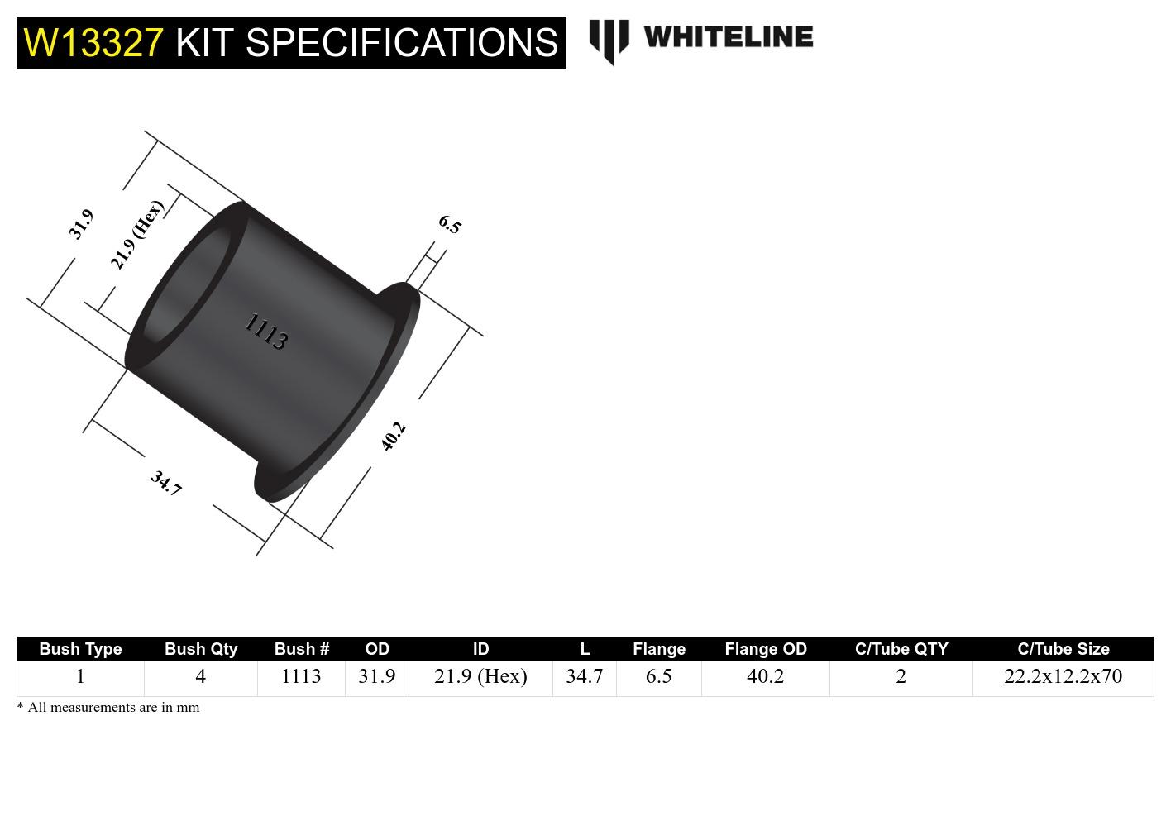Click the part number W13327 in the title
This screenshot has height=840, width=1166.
(x=93, y=42)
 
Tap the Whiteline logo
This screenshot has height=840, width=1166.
(x=700, y=39)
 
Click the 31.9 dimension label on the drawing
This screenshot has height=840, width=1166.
(x=81, y=224)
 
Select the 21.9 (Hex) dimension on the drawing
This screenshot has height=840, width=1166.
(x=136, y=235)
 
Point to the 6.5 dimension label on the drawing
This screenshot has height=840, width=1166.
(x=450, y=224)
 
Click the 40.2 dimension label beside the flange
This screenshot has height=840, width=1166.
(x=394, y=436)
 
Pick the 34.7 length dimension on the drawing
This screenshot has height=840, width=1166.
(x=165, y=483)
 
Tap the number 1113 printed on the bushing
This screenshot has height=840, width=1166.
(x=266, y=332)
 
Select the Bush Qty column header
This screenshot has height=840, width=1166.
(x=201, y=649)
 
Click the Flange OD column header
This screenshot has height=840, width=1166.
(x=765, y=649)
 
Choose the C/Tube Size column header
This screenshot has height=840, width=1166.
(x=1063, y=649)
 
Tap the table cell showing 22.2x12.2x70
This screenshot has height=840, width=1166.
(x=1063, y=676)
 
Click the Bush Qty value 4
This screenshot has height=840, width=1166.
(x=200, y=676)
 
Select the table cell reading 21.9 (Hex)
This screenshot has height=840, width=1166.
(x=480, y=676)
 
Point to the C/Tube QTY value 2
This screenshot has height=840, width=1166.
(x=901, y=676)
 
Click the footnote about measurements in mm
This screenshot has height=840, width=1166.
(x=108, y=708)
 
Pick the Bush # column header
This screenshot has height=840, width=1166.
(x=301, y=649)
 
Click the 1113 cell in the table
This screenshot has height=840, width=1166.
(x=301, y=676)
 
